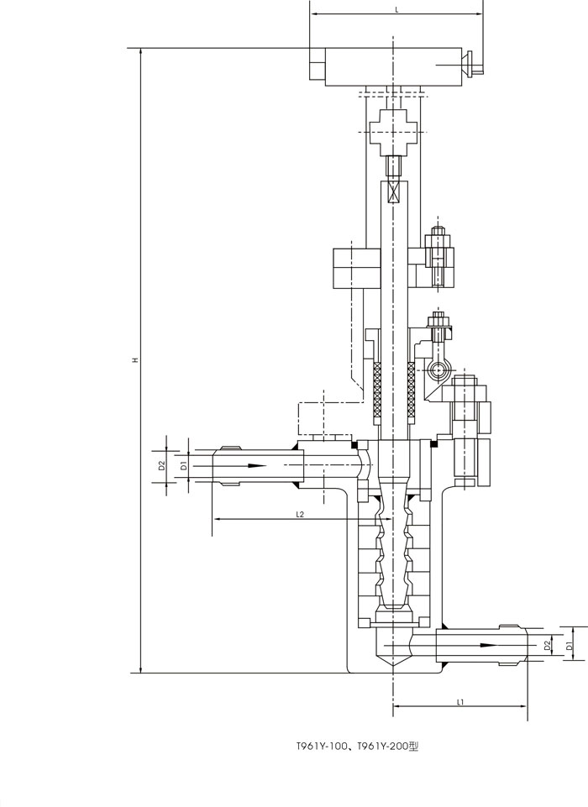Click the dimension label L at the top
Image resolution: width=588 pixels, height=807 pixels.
[396, 10]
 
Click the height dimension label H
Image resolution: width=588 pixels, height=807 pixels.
[135, 359]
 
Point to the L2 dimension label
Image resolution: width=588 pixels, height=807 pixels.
[300, 514]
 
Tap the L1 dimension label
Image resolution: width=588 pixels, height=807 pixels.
[461, 702]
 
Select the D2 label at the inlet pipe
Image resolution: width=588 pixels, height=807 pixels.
[161, 465]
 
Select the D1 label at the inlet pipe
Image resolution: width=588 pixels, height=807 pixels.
[183, 466]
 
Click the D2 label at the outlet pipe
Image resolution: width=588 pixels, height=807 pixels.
[548, 643]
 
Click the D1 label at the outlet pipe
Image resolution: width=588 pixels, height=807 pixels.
[569, 646]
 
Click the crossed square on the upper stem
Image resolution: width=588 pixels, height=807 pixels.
[394, 192]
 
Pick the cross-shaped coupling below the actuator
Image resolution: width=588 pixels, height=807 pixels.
[394, 133]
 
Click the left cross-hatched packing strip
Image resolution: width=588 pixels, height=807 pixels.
[377, 389]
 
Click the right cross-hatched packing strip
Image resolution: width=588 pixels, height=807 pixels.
[411, 389]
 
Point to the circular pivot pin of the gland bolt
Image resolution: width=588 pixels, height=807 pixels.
[438, 369]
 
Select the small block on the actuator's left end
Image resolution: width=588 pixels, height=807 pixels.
[318, 64]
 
